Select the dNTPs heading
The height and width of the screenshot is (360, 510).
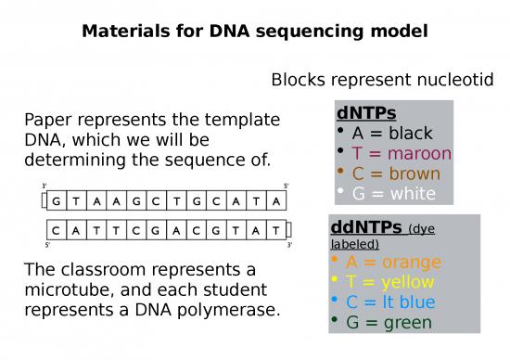366,113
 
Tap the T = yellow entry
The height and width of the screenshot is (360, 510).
391,282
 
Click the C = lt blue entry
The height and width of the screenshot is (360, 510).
396,302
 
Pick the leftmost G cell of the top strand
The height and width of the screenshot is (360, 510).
58,199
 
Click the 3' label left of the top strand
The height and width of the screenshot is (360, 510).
45,186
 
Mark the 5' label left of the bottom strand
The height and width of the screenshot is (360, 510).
45,244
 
